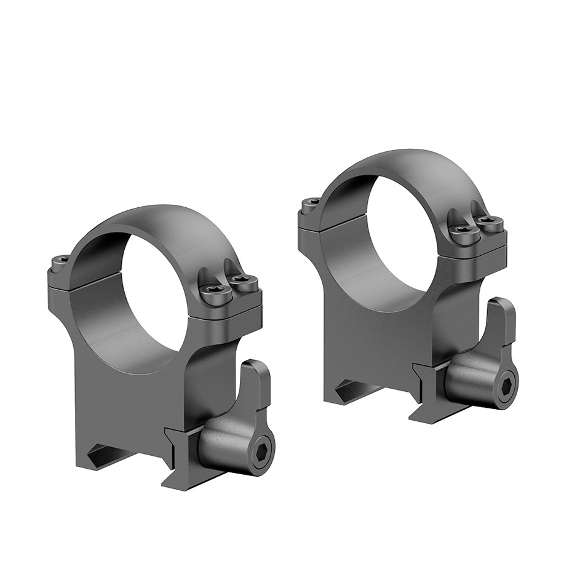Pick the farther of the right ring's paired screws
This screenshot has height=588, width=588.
[489, 223]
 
